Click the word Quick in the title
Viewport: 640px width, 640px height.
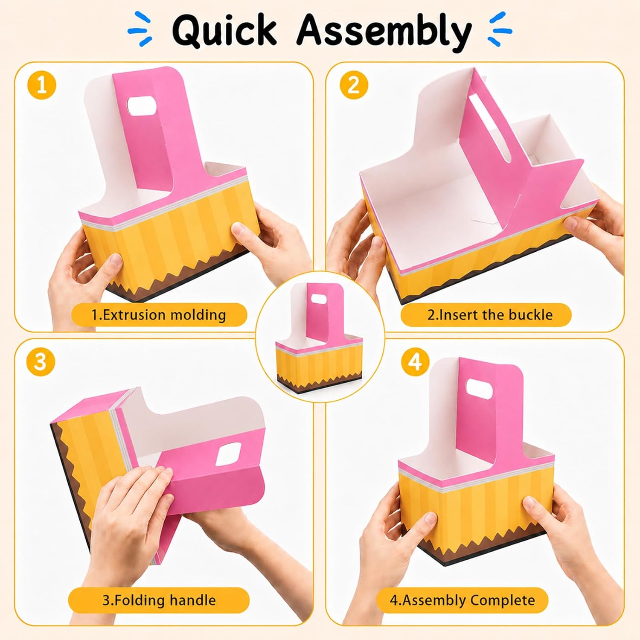224,30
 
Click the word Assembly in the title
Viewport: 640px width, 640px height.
384,32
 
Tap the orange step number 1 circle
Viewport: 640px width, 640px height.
41,86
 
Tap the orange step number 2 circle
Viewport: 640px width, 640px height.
354,86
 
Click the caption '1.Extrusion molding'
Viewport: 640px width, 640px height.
158,315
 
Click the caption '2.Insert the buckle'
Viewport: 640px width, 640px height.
490,315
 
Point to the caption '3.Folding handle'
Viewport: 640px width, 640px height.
159,600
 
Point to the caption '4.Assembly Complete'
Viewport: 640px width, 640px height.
462,600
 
